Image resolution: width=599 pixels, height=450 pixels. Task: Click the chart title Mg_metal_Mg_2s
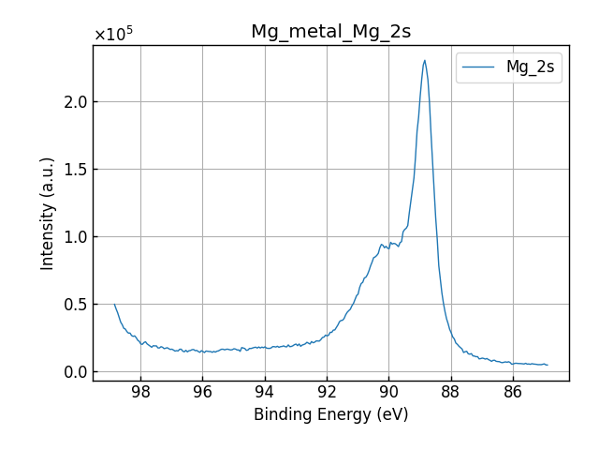point(330,32)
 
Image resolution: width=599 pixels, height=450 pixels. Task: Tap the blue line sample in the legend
point(480,67)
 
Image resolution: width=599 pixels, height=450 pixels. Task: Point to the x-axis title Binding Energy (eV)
point(330,414)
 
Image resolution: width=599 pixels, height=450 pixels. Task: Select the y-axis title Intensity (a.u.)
point(48,214)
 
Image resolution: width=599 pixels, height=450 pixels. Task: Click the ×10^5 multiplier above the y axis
point(113,35)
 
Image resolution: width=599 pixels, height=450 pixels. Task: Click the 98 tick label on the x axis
point(140,391)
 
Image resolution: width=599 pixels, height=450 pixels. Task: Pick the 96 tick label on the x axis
point(202,391)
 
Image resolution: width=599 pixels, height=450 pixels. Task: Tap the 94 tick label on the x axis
point(265,391)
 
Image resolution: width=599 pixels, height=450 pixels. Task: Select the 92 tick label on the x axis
point(327,391)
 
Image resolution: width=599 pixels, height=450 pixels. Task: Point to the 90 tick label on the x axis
point(388,391)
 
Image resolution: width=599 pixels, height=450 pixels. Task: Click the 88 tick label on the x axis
point(450,391)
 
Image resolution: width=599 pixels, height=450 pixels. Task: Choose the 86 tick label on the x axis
point(513,391)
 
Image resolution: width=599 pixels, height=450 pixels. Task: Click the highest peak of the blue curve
point(424,61)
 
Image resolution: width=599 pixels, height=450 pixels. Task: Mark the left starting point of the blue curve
point(115,304)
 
